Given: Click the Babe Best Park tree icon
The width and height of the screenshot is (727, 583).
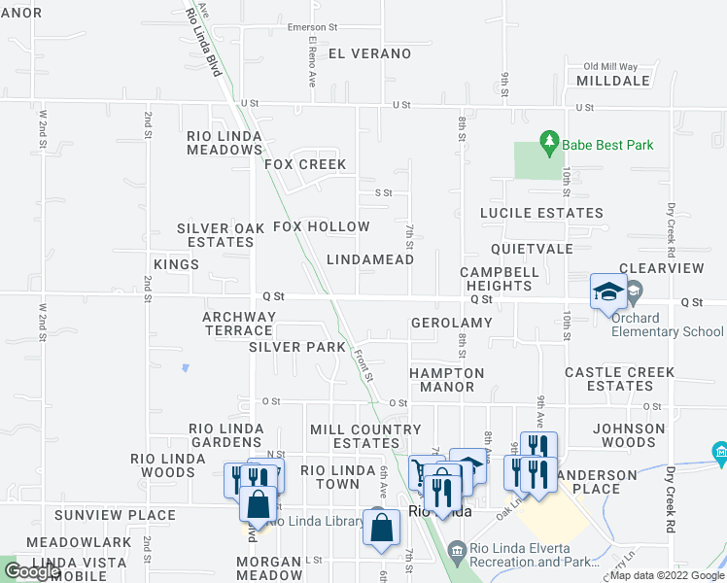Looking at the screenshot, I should click(549, 144).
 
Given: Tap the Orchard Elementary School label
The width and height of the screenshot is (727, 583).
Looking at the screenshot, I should click(668, 325).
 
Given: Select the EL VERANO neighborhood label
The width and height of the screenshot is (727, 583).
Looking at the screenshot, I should click(369, 53).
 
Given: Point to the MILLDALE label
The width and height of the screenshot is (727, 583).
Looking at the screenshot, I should click(612, 81).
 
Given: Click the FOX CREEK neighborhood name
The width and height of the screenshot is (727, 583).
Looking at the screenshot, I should click(305, 164).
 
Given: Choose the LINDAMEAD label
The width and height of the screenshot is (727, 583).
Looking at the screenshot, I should click(370, 259).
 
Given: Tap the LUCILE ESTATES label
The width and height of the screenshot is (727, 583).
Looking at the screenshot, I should click(541, 213).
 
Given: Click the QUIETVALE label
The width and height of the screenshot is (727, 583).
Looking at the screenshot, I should click(532, 248).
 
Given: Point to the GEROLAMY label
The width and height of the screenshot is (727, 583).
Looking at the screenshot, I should click(451, 323).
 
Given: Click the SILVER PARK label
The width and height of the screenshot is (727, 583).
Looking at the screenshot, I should click(296, 347).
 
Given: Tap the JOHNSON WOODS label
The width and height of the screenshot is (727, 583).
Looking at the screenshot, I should click(629, 435).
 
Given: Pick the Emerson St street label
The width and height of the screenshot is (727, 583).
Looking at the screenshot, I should click(311, 27).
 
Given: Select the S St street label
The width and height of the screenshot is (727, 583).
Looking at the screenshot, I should click(383, 192).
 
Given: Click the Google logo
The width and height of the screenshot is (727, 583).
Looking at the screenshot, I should click(31, 571).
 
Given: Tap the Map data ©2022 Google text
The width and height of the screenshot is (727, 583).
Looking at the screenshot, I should click(667, 576).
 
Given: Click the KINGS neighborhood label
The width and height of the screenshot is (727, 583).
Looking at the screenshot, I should click(176, 264).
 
